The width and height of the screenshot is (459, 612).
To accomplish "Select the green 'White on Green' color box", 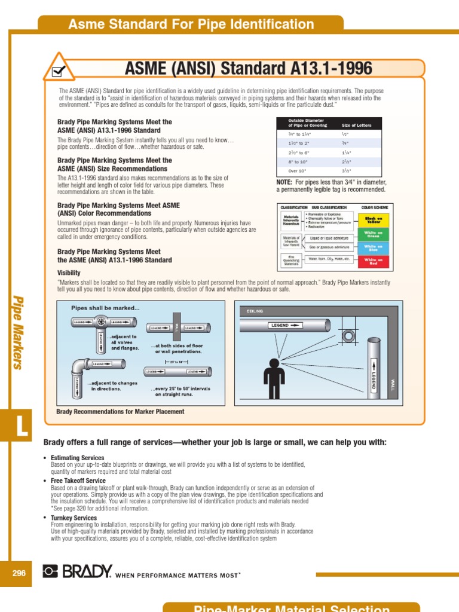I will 373,234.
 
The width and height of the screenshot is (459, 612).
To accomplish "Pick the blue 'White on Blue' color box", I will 373,247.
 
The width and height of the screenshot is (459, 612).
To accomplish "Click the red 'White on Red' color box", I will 373,261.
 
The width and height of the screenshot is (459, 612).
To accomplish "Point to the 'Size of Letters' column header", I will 357,126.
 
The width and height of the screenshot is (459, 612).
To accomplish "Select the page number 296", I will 19,573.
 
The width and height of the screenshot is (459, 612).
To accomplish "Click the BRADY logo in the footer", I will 77,572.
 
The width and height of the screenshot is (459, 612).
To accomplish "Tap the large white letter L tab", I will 20,428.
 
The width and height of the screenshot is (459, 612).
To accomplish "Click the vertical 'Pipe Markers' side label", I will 19,332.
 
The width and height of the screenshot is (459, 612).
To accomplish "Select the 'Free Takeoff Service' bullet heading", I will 78,481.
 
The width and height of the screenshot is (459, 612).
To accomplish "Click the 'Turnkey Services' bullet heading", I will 74,518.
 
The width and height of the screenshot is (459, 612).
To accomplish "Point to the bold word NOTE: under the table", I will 284,182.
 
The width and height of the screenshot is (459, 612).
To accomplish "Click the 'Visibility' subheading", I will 69,273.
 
